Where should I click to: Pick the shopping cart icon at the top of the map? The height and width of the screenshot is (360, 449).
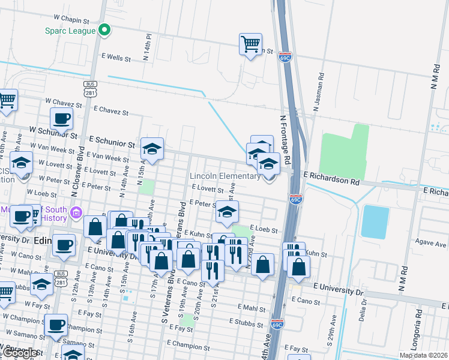point(250,44)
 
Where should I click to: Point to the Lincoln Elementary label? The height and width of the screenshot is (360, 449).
point(225,176)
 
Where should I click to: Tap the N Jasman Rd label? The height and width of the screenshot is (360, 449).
point(317,93)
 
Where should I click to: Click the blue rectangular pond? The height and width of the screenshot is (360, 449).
point(375,222)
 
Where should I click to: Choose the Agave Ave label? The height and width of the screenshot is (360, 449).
point(431,245)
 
